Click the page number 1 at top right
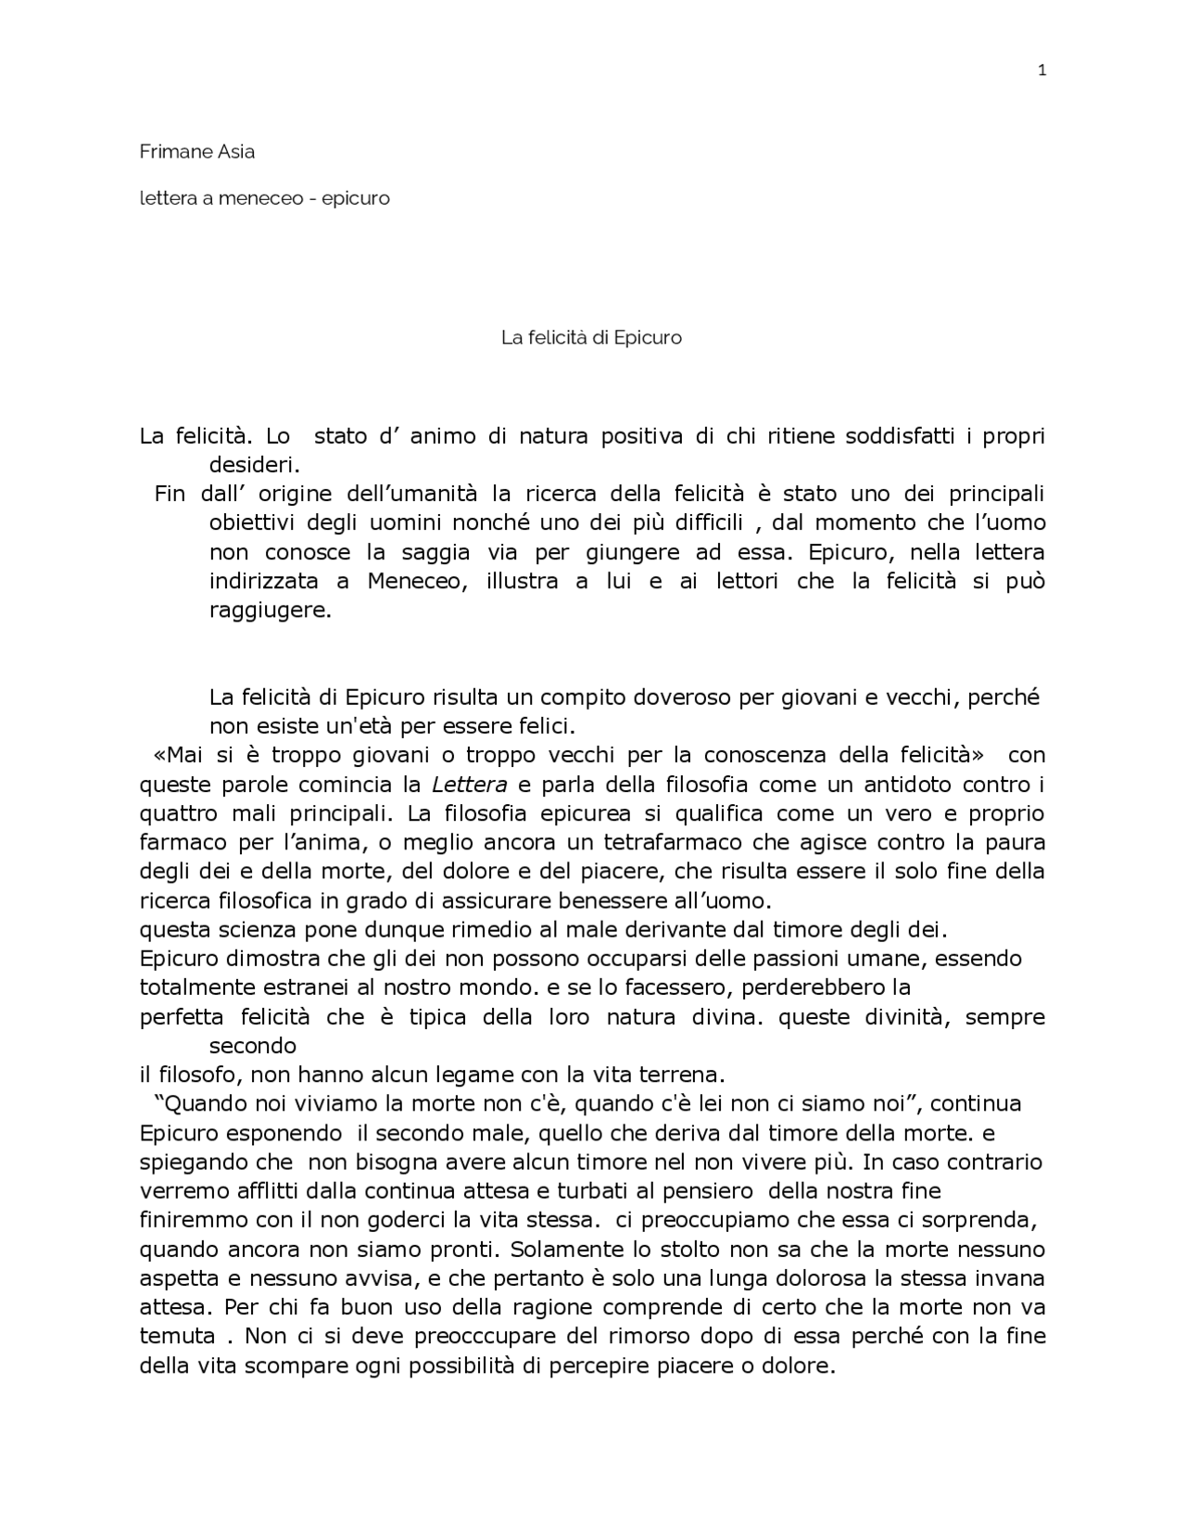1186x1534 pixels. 1041,70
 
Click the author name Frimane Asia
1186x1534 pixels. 196,152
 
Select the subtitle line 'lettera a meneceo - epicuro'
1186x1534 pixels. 264,198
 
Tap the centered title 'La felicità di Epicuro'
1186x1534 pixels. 591,338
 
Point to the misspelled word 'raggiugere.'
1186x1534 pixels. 270,611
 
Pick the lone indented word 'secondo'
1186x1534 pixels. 252,1046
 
